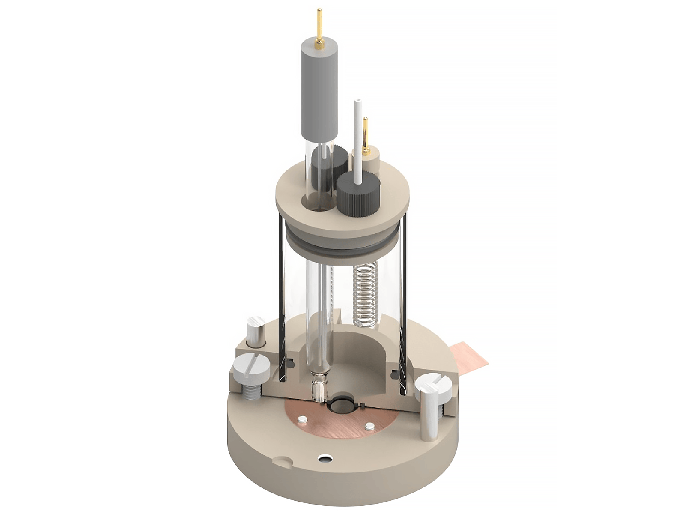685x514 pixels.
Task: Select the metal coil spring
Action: (366, 295)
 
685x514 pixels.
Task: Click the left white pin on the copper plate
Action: (302, 419)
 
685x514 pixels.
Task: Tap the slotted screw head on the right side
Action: (433, 383)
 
